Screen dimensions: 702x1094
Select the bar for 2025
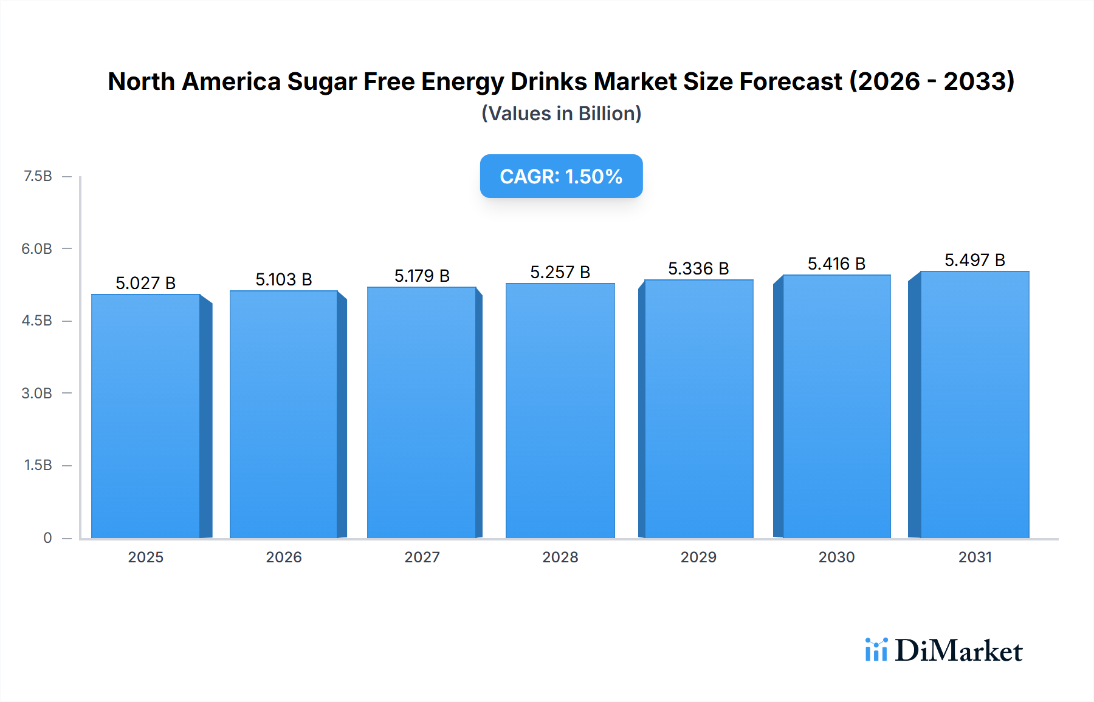coord(146,417)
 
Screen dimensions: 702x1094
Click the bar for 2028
coord(560,411)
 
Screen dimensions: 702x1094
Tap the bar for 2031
coord(974,404)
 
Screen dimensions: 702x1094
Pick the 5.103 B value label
coord(284,279)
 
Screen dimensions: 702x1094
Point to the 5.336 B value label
coord(698,268)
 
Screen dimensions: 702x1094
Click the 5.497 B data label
coord(974,260)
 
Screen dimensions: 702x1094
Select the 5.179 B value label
coord(422,276)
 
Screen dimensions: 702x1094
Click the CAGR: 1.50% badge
coord(561,176)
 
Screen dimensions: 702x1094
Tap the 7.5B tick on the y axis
coord(38,176)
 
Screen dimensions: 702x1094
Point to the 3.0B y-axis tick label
coord(37,393)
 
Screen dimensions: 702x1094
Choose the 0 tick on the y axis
coord(47,537)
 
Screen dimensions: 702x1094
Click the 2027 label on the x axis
coord(422,557)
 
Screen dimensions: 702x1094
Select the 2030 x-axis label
coord(836,557)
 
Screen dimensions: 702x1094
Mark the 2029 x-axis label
coord(698,557)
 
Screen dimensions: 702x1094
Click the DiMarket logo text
coord(958,651)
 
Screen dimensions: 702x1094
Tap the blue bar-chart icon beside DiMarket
coord(876,650)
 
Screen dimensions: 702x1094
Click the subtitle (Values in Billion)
coord(561,114)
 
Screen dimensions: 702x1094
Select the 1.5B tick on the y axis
coord(38,465)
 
